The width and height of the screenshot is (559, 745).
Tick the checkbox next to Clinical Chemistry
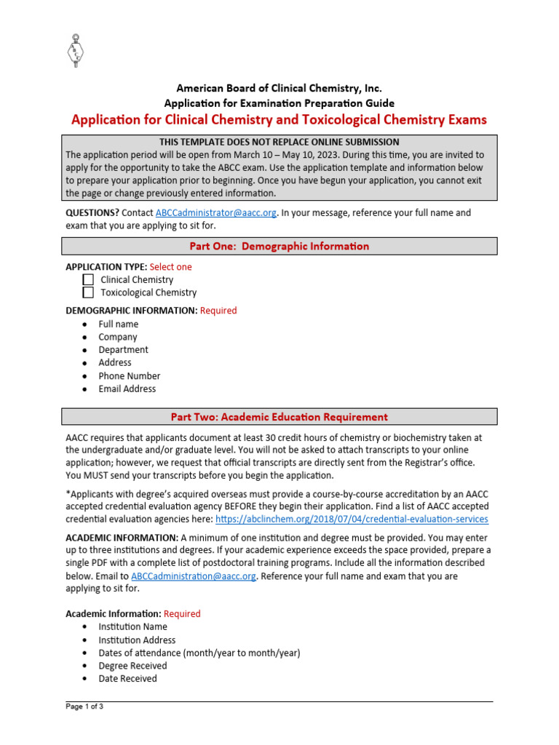[88, 279]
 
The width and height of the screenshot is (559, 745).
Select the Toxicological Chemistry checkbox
[88, 292]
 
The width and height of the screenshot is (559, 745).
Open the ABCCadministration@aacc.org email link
[194, 576]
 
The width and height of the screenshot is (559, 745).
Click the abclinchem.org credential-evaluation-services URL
[352, 519]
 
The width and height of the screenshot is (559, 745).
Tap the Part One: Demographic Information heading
[279, 247]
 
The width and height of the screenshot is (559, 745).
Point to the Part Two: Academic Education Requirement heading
[279, 417]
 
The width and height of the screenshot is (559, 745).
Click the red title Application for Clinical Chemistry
[279, 120]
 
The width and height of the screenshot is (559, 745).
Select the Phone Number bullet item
[129, 376]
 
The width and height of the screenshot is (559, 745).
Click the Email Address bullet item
[127, 389]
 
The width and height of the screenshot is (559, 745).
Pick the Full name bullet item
[118, 324]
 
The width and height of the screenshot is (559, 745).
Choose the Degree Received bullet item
[132, 666]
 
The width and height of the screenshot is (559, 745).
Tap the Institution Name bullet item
[132, 627]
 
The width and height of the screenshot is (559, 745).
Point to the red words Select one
[170, 267]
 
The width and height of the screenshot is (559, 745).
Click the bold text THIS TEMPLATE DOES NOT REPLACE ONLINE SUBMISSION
[279, 142]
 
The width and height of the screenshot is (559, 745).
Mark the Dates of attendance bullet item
[199, 653]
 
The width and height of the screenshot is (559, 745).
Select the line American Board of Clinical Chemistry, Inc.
[279, 89]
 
